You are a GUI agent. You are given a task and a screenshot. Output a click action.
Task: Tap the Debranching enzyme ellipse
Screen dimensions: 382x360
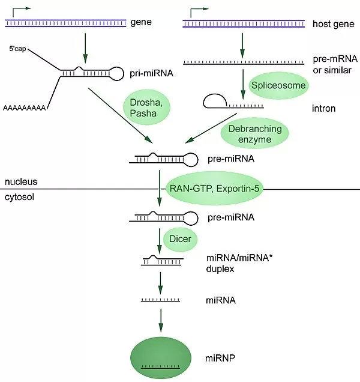coord(250,134)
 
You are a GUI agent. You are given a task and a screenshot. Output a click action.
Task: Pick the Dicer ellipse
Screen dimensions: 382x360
coord(179,239)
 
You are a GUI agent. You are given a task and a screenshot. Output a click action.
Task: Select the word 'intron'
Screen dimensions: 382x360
coord(325,109)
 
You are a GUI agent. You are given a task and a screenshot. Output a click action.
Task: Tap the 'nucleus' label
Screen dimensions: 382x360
coord(21,181)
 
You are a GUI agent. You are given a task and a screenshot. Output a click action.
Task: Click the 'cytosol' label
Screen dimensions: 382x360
coord(20,196)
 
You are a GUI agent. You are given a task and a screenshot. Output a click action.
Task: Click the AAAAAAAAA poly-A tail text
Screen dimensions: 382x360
coord(25,108)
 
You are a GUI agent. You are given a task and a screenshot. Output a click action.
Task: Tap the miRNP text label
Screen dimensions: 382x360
coord(217,359)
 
